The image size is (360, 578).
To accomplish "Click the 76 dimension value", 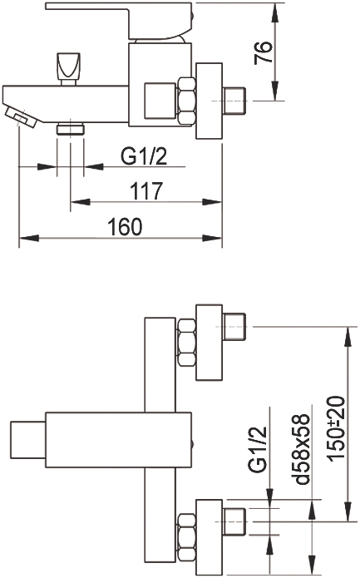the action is click(264, 52).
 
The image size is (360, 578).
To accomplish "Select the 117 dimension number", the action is click(146, 191).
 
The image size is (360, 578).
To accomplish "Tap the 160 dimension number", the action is click(125, 226).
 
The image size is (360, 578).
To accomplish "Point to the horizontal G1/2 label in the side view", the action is click(144, 156).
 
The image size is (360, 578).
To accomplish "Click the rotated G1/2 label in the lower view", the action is click(257, 450).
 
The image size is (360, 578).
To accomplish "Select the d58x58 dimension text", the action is click(299, 449).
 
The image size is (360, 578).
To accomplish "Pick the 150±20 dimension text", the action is click(336, 428).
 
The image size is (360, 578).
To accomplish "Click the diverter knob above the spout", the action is click(68, 69).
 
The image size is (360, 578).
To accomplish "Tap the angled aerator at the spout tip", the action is click(21, 116).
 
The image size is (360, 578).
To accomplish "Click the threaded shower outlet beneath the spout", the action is click(71, 130).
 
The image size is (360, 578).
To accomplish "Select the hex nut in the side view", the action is click(186, 101).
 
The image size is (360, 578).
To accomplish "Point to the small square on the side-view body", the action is click(160, 101).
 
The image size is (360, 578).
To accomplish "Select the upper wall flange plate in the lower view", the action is click(210, 342).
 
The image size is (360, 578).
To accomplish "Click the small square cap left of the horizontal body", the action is click(28, 439).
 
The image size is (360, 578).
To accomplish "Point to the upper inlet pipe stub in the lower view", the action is click(234, 327).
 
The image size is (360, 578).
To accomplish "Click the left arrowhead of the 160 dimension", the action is click(29, 238).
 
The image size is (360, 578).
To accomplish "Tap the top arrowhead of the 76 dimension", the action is click(274, 13).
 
